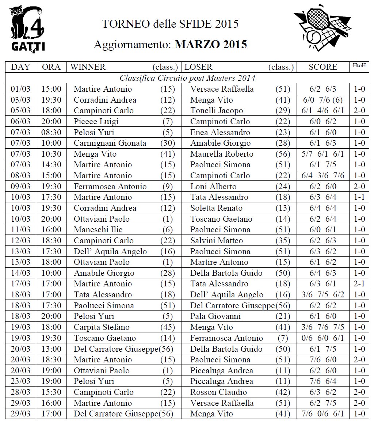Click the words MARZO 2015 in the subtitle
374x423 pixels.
coord(211,45)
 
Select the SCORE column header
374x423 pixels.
coord(323,67)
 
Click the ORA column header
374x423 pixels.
coord(51,67)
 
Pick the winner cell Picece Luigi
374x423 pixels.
coord(96,122)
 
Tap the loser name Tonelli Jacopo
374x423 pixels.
coord(217,111)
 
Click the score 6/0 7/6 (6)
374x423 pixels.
coord(323,100)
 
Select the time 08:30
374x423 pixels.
coord(51,132)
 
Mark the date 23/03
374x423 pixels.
coord(21,381)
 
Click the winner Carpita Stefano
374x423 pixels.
coord(102,327)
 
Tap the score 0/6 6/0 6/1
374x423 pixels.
coord(323,338)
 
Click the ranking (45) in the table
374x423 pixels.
coord(168,327)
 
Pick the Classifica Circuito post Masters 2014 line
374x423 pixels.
coord(187,78)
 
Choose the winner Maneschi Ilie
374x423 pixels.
coord(98,230)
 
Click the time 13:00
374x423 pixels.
coord(51,349)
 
